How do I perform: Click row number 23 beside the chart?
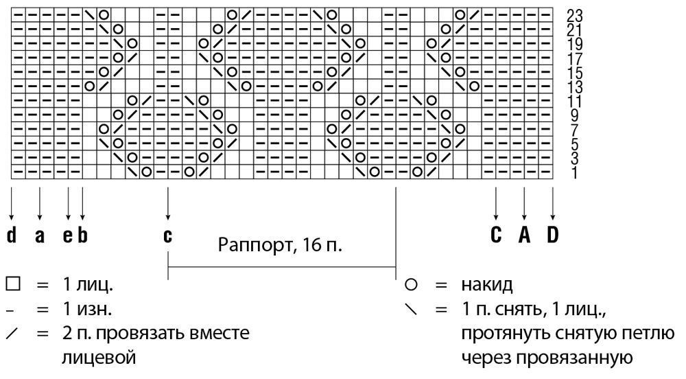[574, 16]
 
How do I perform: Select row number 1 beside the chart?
[574, 173]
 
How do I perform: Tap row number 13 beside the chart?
[574, 87]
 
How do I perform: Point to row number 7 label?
[574, 130]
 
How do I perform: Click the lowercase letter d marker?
[12, 236]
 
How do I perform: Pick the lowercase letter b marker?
[83, 236]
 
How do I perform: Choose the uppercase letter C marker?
[496, 235]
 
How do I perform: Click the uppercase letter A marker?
[524, 235]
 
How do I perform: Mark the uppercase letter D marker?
[552, 235]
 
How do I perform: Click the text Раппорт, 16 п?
[280, 245]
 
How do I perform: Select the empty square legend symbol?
[13, 285]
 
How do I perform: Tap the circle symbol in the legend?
[411, 285]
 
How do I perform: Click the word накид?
[487, 286]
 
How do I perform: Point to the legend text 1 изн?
[88, 310]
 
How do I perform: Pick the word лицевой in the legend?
[99, 358]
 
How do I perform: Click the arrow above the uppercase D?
[552, 203]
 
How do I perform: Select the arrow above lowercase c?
[168, 203]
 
